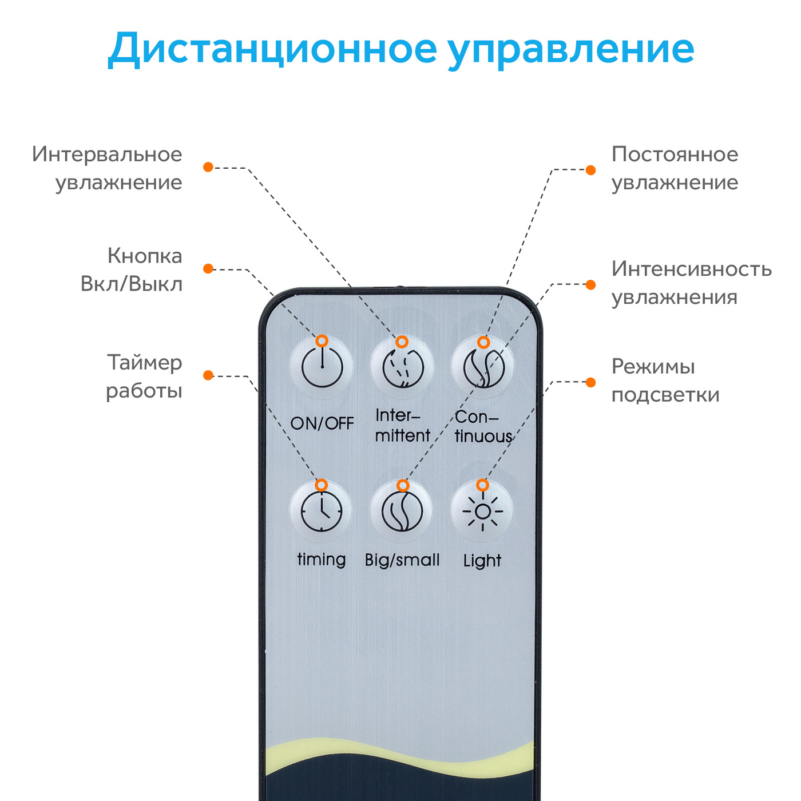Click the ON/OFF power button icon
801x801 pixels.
322,367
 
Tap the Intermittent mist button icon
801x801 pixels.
403,367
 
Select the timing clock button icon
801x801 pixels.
322,511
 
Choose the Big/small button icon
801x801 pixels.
402,511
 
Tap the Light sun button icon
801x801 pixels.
482,511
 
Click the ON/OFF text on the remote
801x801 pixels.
322,423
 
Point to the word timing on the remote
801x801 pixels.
322,560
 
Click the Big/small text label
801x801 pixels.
402,560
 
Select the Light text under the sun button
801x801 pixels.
482,561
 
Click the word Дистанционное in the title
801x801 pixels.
272,49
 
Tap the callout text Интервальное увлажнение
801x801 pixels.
108,168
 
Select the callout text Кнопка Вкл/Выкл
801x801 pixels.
132,269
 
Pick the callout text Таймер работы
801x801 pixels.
144,376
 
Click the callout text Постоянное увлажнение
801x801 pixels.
675,168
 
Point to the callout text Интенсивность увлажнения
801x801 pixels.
691,283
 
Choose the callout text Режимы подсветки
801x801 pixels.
665,380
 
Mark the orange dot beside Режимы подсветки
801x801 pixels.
591,382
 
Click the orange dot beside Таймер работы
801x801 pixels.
208,375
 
